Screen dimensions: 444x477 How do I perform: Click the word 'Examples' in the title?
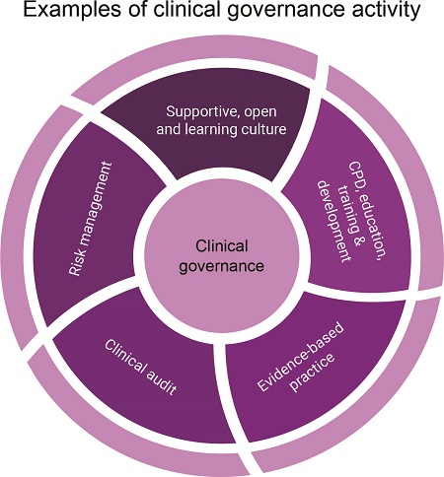[72, 10]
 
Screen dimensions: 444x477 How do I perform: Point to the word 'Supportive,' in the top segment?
[201, 112]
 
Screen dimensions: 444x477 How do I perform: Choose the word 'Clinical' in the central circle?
[222, 245]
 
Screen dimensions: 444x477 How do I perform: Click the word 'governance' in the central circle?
[221, 265]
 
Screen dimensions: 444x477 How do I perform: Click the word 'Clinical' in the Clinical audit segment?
[124, 357]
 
